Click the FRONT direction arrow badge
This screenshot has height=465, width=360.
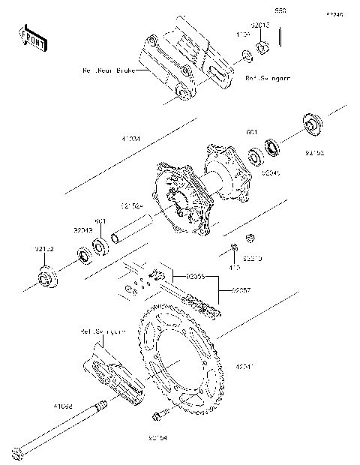[x=30, y=37]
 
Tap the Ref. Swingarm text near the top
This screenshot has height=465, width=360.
[x=268, y=77]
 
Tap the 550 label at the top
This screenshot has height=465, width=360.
[x=280, y=12]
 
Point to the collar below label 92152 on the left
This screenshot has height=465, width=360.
[x=46, y=277]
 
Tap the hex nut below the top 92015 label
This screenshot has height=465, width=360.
[x=262, y=48]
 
